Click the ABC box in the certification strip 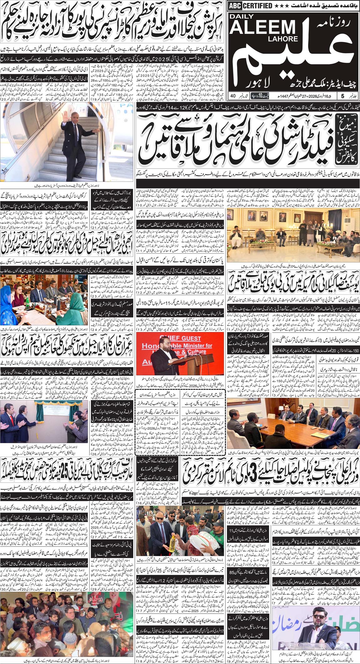[x=234, y=6]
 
